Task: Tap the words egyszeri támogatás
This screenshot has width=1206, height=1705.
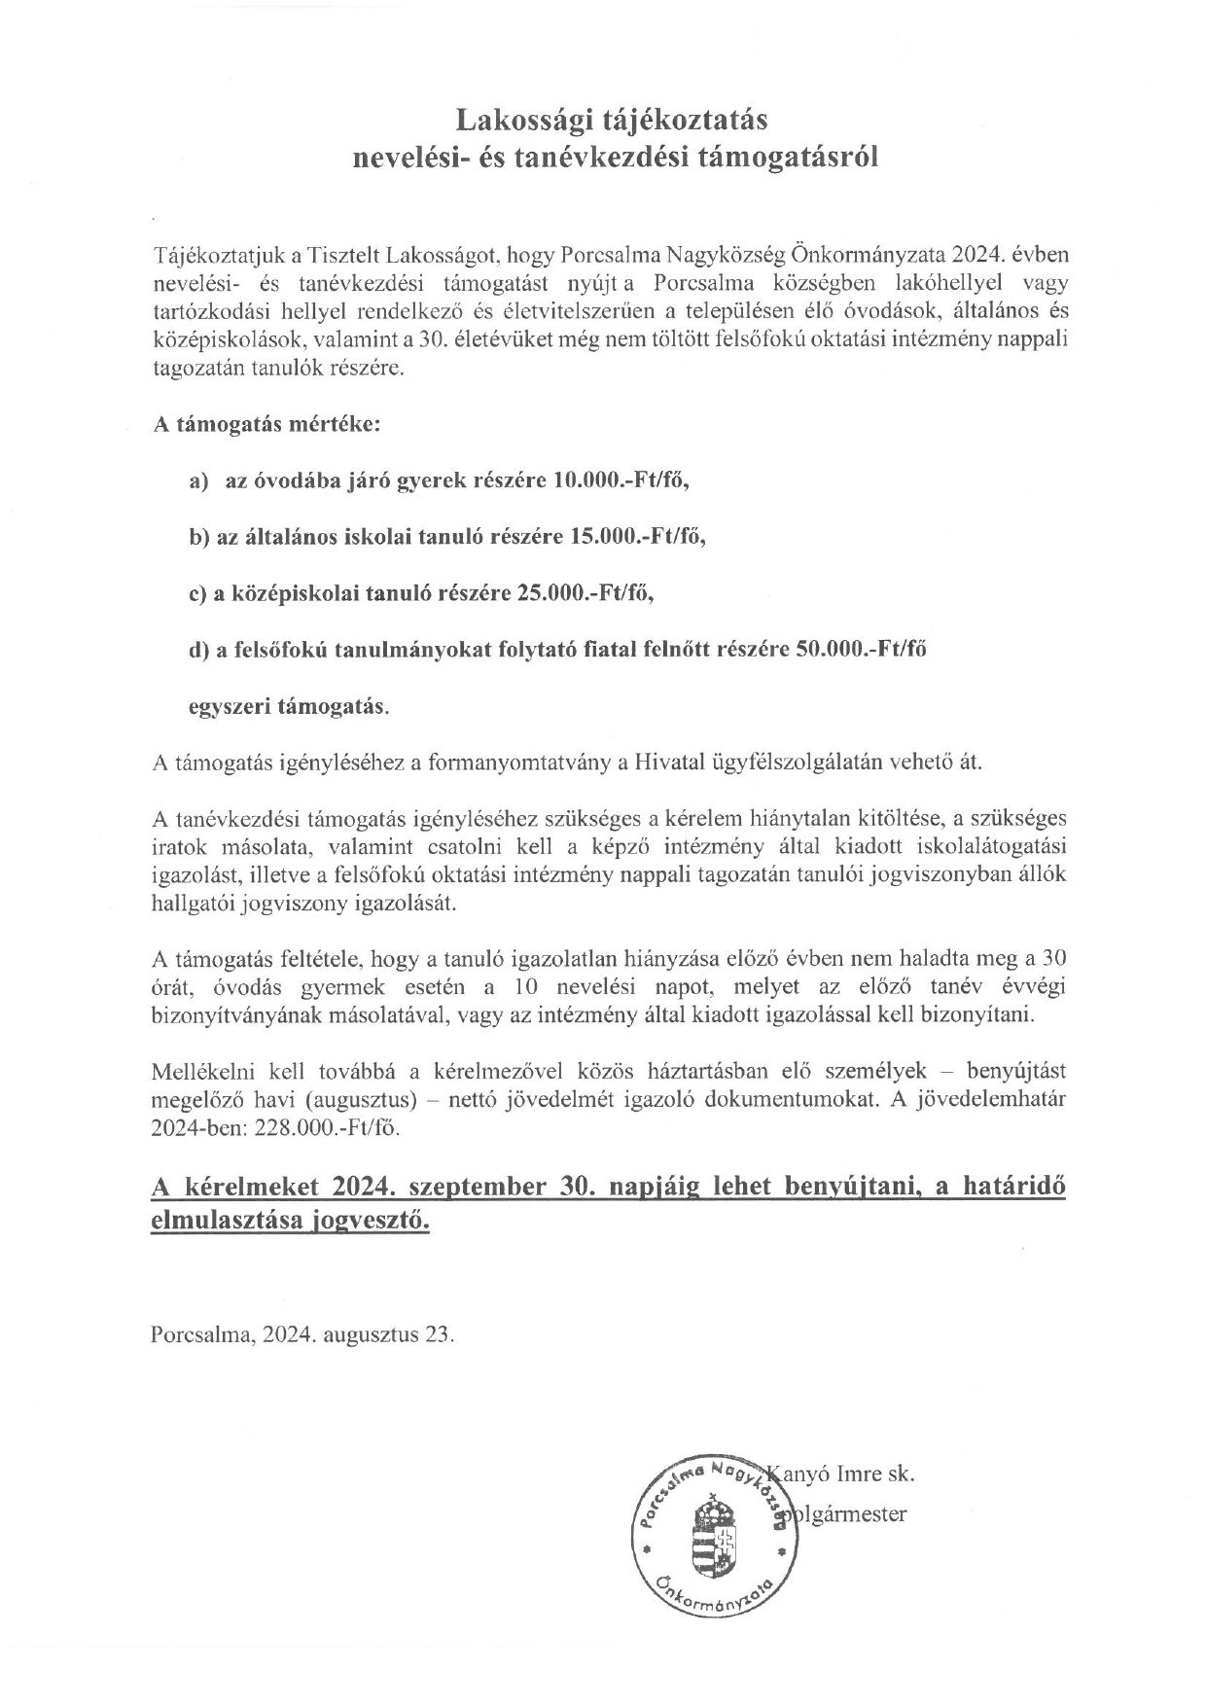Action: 288,706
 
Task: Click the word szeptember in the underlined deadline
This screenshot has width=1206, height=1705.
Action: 476,1189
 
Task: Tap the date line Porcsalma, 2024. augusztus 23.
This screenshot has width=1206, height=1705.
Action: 303,1333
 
